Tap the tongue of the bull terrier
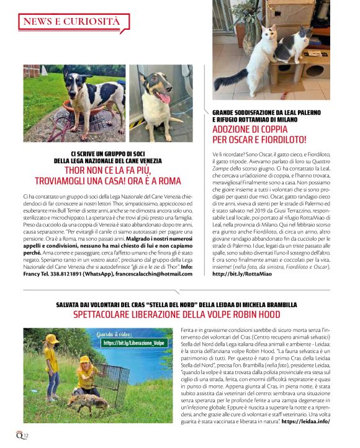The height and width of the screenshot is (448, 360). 164,98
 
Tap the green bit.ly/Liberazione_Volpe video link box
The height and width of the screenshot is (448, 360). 133,342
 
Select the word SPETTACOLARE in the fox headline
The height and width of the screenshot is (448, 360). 110,315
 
